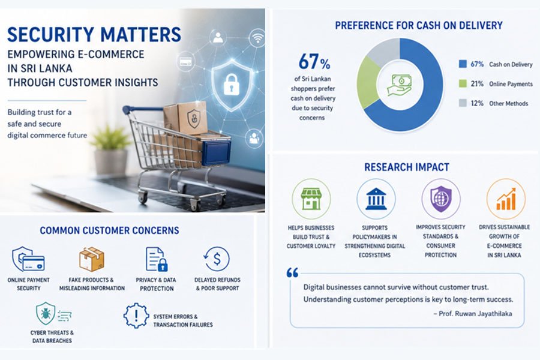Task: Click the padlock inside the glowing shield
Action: [232, 85]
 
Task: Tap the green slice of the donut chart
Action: [367, 83]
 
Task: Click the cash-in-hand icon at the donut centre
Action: [400, 85]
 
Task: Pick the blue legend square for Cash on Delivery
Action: [463, 64]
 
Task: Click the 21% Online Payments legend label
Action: [502, 84]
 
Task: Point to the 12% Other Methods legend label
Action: [499, 103]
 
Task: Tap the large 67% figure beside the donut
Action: [314, 62]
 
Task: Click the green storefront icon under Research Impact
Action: [311, 199]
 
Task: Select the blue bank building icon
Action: [376, 199]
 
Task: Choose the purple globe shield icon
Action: [441, 199]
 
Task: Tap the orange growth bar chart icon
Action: [506, 199]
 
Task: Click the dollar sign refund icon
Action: [216, 259]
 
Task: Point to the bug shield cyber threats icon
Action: [46, 313]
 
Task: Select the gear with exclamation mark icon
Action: [136, 316]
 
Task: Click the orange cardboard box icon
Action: [92, 259]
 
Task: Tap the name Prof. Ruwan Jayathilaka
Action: [475, 313]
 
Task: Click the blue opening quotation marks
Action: [292, 273]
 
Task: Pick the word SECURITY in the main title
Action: [50, 34]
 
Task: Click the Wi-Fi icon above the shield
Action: [257, 38]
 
